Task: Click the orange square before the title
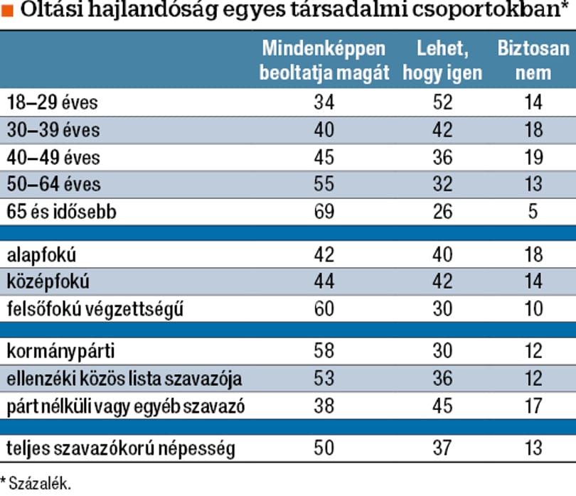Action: [7, 11]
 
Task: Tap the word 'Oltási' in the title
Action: [51, 9]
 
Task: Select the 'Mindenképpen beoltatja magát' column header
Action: [324, 60]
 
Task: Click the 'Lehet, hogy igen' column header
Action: [442, 60]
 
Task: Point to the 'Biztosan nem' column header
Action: [533, 60]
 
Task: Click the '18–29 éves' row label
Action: [52, 102]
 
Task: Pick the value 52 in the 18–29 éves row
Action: [442, 102]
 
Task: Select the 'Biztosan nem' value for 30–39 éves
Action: [533, 129]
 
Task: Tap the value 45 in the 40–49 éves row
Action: [324, 157]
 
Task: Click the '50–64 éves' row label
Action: [53, 184]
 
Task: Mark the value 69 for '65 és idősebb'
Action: [324, 212]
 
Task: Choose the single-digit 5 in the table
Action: [533, 212]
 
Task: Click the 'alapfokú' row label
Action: [41, 255]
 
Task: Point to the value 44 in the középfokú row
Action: [324, 281]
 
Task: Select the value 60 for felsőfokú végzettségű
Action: [324, 308]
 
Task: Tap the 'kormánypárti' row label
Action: [60, 351]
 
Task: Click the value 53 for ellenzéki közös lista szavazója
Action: [324, 378]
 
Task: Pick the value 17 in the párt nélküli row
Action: [533, 406]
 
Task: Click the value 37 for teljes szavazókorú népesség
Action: [442, 448]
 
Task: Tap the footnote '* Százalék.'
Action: [36, 483]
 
